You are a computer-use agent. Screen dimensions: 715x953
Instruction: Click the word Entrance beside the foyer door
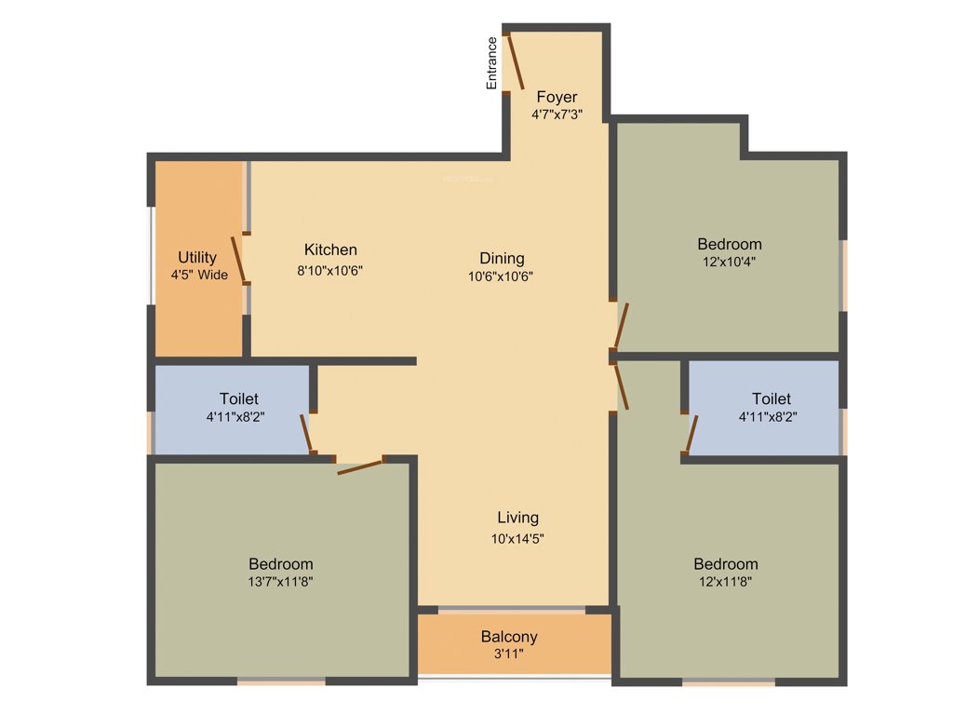pyautogui.click(x=491, y=63)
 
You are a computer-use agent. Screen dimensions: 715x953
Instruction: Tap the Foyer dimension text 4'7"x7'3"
pyautogui.click(x=557, y=115)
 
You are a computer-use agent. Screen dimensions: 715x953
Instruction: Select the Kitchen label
pyautogui.click(x=330, y=250)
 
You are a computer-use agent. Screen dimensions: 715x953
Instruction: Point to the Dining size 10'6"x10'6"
pyautogui.click(x=502, y=276)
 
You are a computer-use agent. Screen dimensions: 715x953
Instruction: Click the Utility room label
pyautogui.click(x=197, y=257)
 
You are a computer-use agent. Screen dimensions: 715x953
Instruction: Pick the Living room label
pyautogui.click(x=517, y=518)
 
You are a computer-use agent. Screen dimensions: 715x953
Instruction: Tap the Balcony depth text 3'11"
pyautogui.click(x=509, y=654)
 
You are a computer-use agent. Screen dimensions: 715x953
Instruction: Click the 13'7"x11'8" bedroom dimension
pyautogui.click(x=281, y=581)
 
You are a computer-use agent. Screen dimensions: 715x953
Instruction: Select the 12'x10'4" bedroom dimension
pyautogui.click(x=730, y=262)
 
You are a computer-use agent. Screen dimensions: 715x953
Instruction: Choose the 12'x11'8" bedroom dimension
pyautogui.click(x=726, y=581)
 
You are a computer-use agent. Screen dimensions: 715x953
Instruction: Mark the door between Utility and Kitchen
pyautogui.click(x=239, y=258)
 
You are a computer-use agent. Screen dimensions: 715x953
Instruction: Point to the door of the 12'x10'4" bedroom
pyautogui.click(x=621, y=326)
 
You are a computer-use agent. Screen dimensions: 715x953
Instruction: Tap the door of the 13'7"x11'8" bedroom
pyautogui.click(x=360, y=466)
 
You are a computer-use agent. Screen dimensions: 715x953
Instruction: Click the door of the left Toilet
pyautogui.click(x=305, y=434)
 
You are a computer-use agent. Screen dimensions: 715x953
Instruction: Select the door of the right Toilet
pyautogui.click(x=691, y=433)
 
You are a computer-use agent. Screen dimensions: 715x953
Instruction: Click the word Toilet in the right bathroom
pyautogui.click(x=772, y=398)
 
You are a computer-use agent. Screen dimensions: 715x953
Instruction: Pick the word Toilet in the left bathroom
pyautogui.click(x=239, y=398)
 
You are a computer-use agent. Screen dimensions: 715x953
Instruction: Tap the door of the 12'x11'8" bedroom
pyautogui.click(x=621, y=384)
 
